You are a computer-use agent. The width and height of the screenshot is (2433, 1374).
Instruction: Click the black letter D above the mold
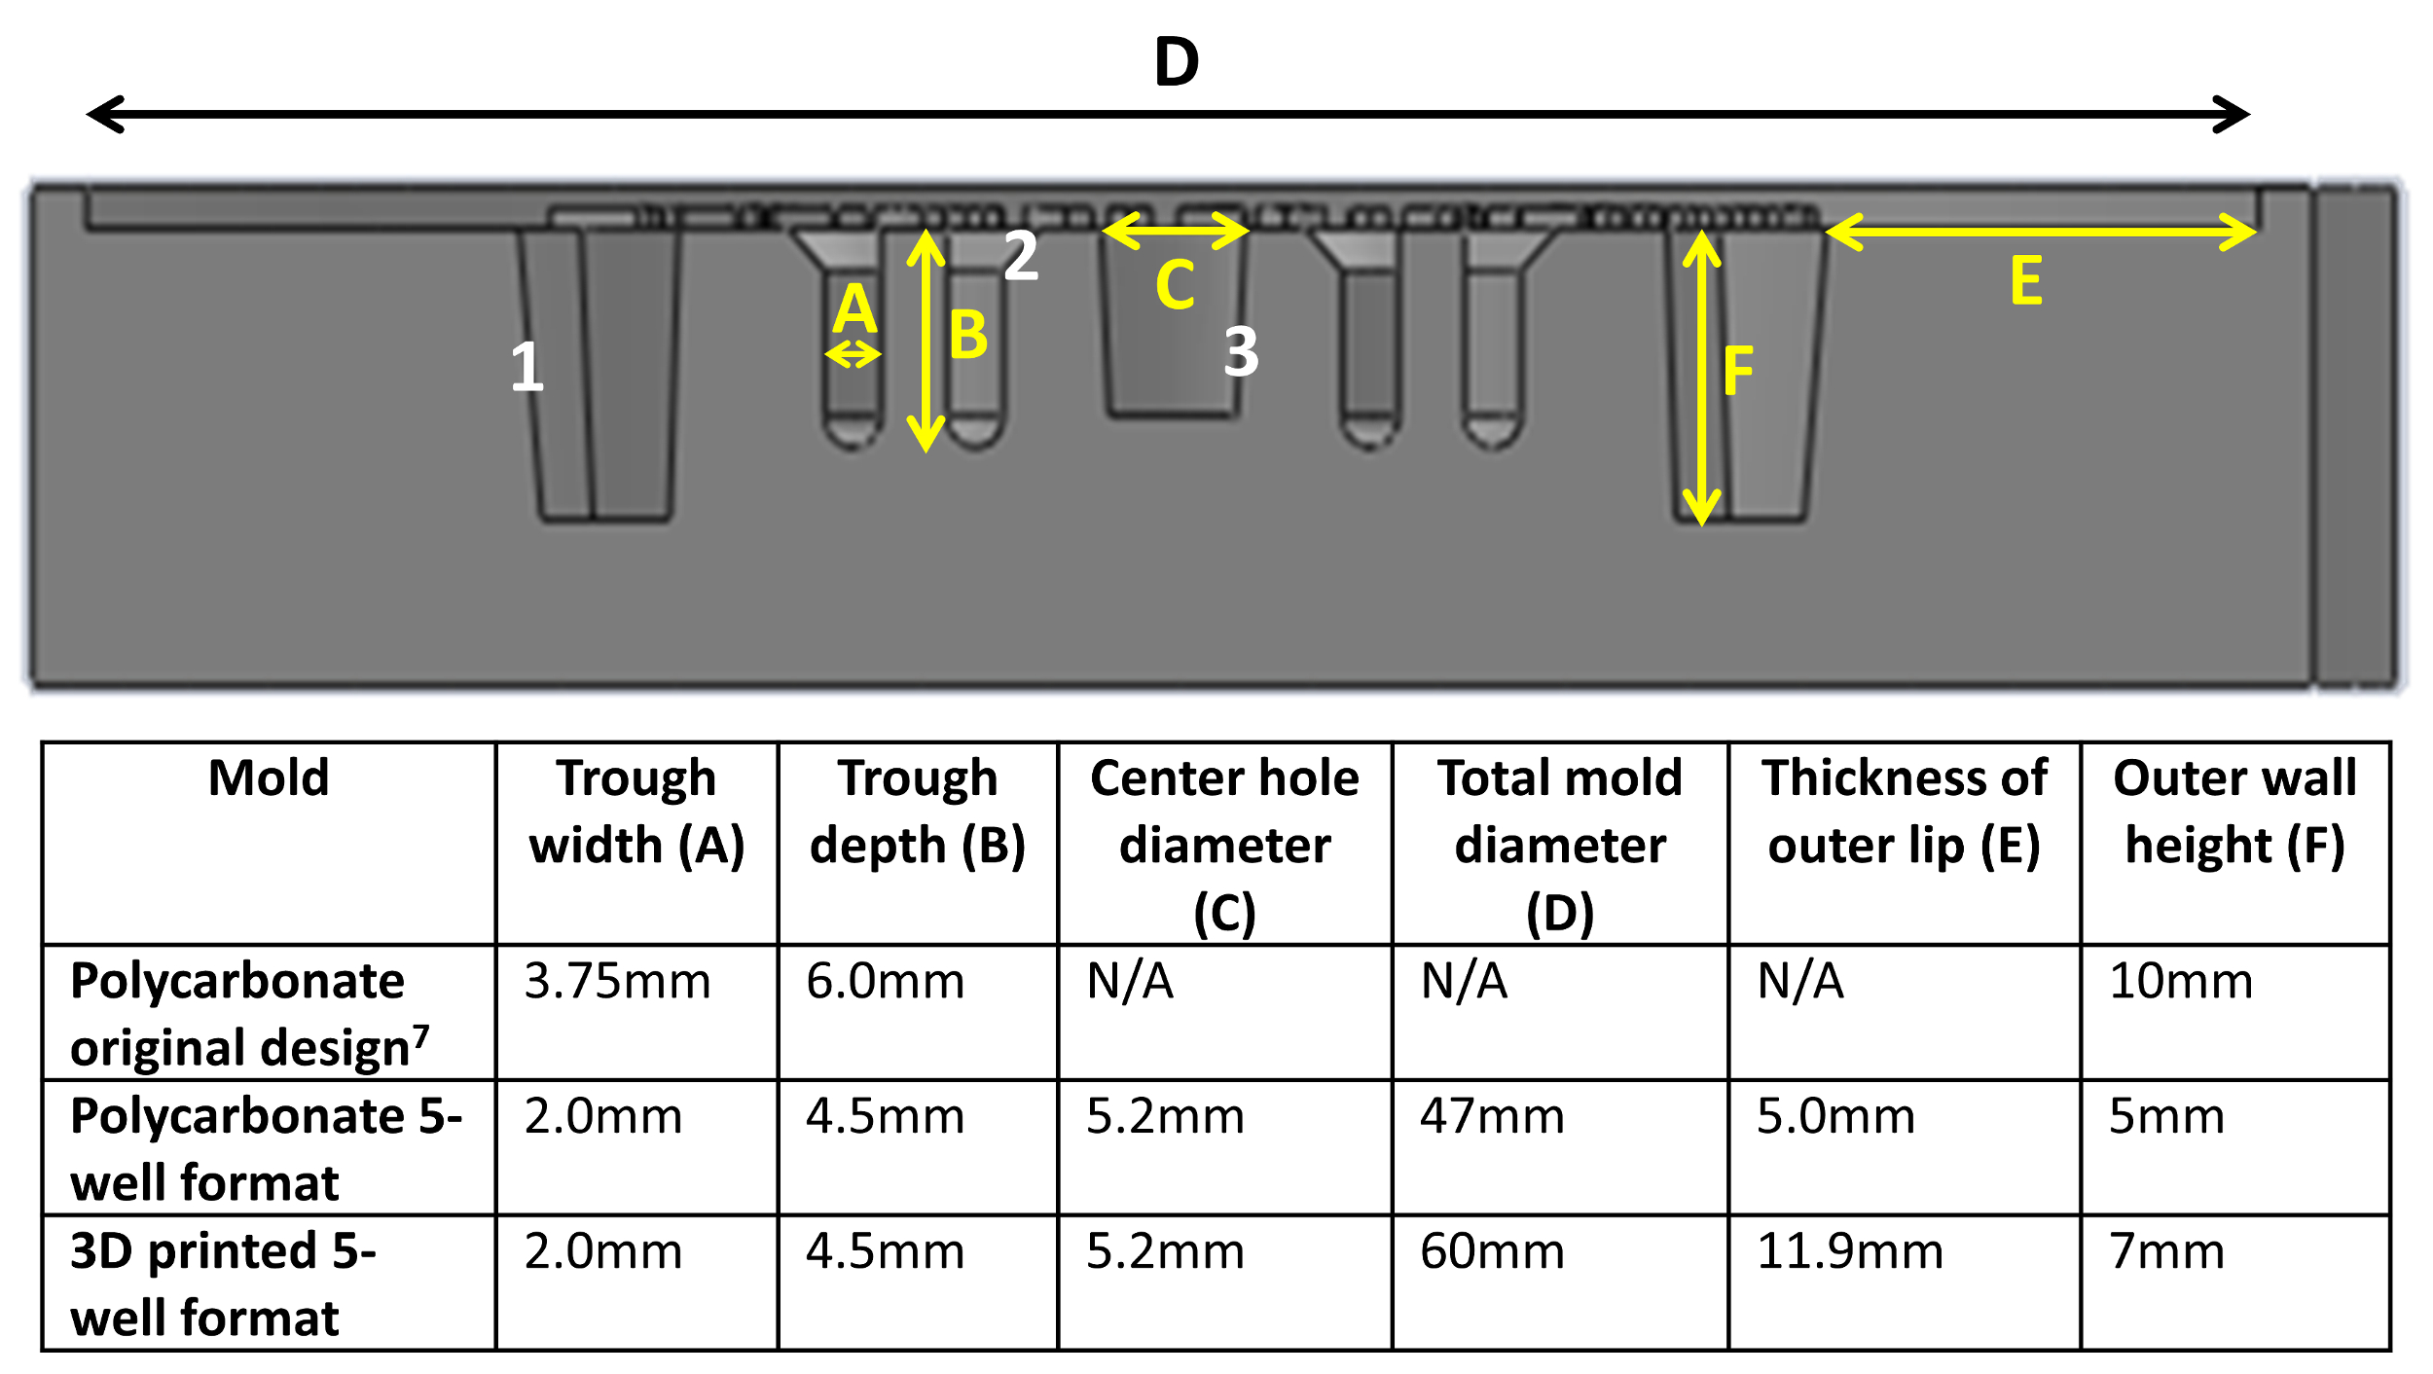tap(1177, 62)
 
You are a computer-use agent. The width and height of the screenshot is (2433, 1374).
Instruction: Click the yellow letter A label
tap(855, 309)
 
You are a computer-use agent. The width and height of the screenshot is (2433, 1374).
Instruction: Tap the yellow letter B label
tap(968, 336)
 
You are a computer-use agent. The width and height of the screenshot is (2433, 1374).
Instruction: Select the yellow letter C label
tap(1175, 285)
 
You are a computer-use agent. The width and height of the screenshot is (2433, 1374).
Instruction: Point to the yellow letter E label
tap(2026, 281)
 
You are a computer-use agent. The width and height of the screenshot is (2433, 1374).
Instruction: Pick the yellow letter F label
tap(1738, 371)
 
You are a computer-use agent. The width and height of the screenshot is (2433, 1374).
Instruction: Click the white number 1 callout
tap(527, 368)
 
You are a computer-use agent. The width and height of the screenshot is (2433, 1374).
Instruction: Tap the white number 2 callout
tap(1021, 256)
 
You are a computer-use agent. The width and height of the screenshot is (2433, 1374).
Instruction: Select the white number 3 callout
tap(1241, 352)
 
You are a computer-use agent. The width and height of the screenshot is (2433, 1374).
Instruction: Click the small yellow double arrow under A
tap(853, 354)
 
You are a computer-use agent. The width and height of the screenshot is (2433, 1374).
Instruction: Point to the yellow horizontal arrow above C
tap(1175, 231)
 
